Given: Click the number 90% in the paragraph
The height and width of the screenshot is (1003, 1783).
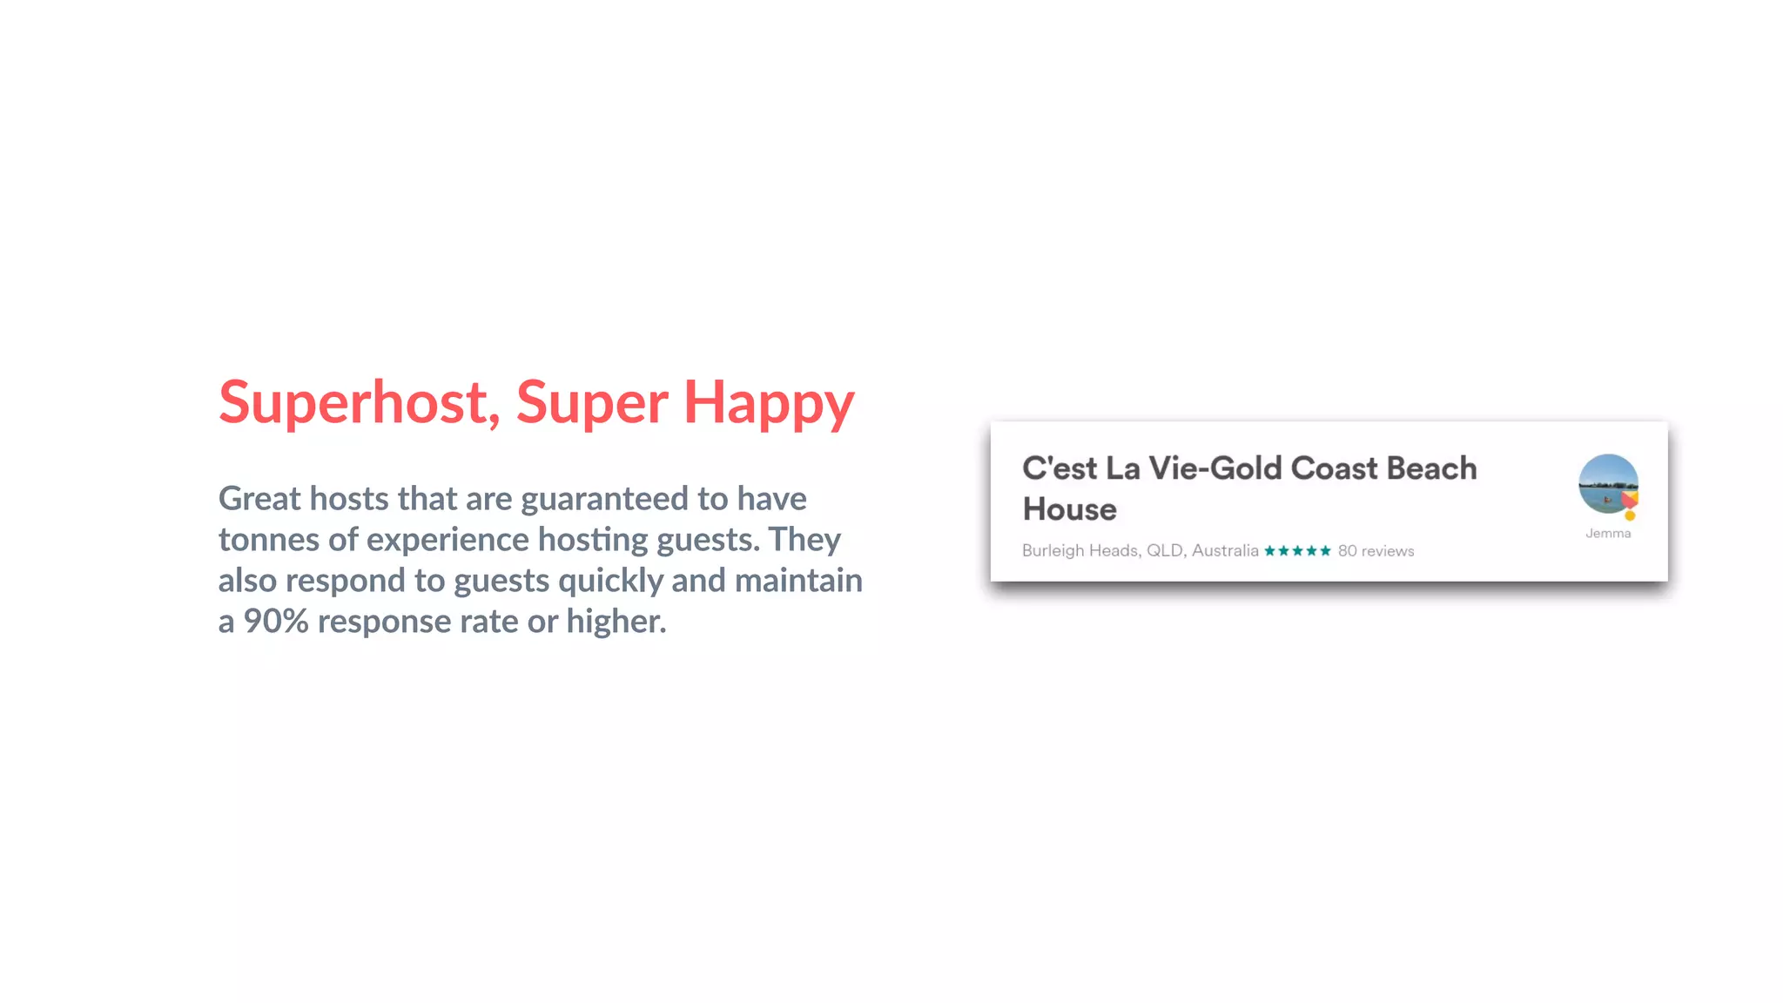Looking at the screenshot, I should pyautogui.click(x=276, y=622).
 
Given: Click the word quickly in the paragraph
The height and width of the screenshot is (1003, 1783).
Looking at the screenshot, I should pyautogui.click(x=610, y=581).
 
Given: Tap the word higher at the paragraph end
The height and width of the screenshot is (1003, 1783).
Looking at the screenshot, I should pyautogui.click(x=616, y=622).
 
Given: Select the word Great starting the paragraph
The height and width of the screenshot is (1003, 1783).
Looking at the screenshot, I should pyautogui.click(x=259, y=499).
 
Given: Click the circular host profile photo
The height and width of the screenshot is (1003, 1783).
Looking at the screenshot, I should pyautogui.click(x=1606, y=482).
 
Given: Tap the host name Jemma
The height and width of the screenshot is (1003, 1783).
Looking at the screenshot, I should pyautogui.click(x=1608, y=533).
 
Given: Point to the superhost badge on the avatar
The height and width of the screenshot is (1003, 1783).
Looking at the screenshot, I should pyautogui.click(x=1630, y=504).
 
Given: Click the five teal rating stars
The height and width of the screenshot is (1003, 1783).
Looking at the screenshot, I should pyautogui.click(x=1297, y=551).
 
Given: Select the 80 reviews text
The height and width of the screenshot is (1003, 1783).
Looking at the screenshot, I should pyautogui.click(x=1376, y=551).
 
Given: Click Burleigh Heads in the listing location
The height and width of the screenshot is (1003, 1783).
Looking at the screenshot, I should pyautogui.click(x=1080, y=551).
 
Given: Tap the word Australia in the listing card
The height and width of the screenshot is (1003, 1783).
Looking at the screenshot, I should pyautogui.click(x=1225, y=551).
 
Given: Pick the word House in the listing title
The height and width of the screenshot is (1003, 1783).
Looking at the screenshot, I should pyautogui.click(x=1069, y=509).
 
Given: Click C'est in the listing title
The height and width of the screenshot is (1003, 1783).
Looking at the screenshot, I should pyautogui.click(x=1060, y=468).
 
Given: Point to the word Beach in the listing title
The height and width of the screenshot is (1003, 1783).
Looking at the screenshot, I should pyautogui.click(x=1431, y=468).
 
